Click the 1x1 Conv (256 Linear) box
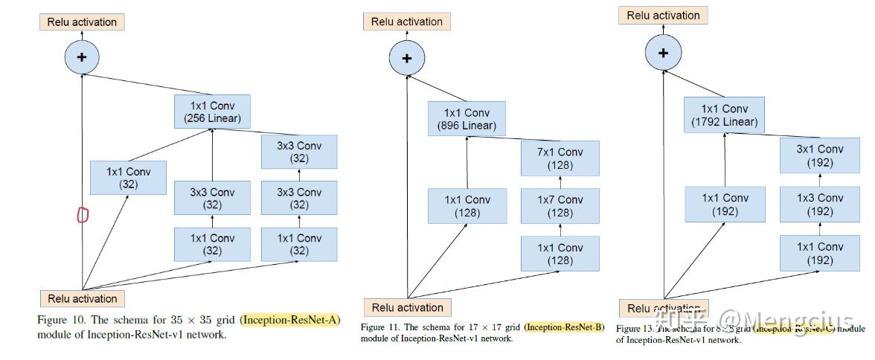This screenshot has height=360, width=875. click(212, 112)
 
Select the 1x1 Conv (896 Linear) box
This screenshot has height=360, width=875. click(467, 118)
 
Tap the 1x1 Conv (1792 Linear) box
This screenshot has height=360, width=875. click(725, 115)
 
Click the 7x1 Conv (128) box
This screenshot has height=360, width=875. click(560, 158)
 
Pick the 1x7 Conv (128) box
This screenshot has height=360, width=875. click(560, 206)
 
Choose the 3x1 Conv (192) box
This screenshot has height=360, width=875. click(819, 155)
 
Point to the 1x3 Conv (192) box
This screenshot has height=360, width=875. click(819, 205)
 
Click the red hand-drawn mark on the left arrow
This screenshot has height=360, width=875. click(83, 215)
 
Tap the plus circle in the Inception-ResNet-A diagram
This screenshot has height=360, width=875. click(82, 57)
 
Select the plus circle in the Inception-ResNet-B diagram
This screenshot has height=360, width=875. click(406, 58)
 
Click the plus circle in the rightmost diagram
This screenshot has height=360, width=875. click(663, 53)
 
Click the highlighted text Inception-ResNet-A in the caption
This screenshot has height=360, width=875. click(289, 320)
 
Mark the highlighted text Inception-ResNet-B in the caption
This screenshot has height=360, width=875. click(564, 327)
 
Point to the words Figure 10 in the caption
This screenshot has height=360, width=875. click(61, 320)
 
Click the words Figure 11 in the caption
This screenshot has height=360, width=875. click(379, 327)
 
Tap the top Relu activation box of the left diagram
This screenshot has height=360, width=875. click(82, 22)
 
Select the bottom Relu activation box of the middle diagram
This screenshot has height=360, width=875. click(407, 307)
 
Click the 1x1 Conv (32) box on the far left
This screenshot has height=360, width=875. click(128, 179)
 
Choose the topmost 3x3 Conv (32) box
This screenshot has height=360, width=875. click(298, 152)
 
